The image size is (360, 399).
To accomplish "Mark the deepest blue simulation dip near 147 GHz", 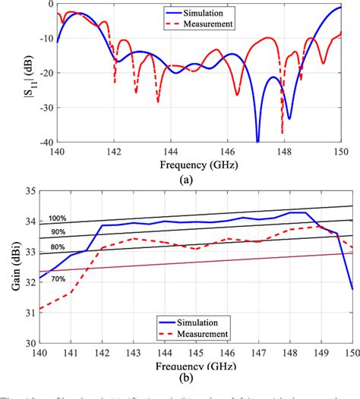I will (257, 140).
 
